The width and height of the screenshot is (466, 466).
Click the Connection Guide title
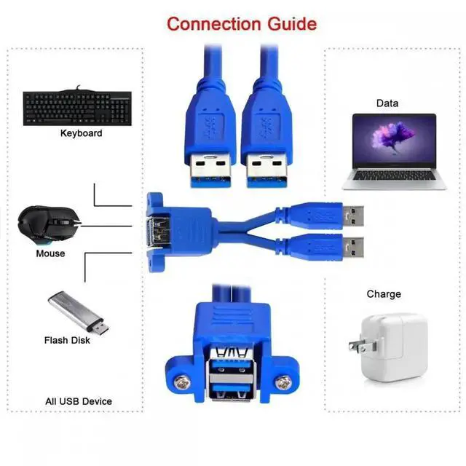(x=241, y=23)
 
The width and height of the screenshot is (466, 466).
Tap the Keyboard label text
(x=81, y=133)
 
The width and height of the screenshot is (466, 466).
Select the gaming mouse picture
(x=47, y=223)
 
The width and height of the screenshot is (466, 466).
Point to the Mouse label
(x=50, y=253)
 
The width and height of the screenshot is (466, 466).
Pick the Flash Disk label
(x=67, y=340)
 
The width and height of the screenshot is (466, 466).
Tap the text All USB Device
(x=78, y=400)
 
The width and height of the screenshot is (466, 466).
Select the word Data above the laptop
(x=387, y=103)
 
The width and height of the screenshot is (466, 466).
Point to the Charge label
(x=384, y=294)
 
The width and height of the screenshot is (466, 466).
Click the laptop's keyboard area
(x=394, y=175)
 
